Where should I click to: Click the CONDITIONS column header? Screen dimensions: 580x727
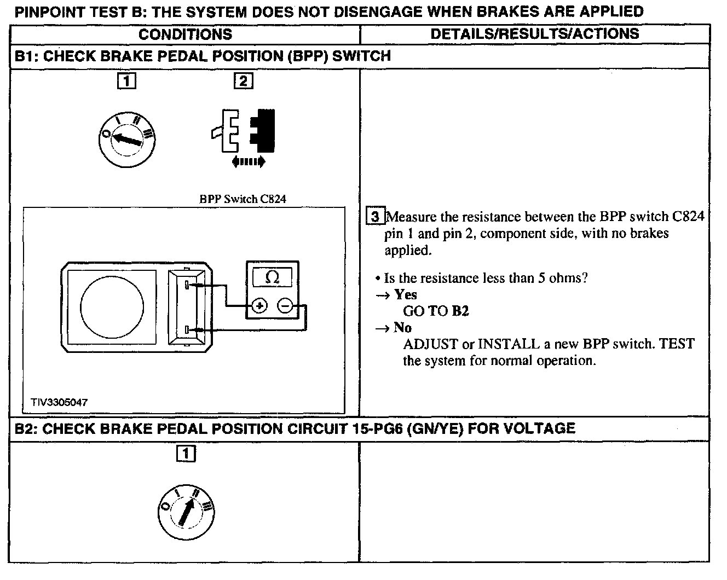pyautogui.click(x=185, y=34)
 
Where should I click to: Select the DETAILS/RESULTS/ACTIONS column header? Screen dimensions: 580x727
pyautogui.click(x=534, y=34)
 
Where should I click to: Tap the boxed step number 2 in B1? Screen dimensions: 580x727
pyautogui.click(x=243, y=82)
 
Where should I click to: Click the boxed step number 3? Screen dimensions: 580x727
pyautogui.click(x=375, y=217)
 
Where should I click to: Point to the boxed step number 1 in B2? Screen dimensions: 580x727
pyautogui.click(x=186, y=454)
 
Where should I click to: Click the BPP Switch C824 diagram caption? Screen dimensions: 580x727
pyautogui.click(x=242, y=199)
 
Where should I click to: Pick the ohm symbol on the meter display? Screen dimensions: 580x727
pyautogui.click(x=272, y=277)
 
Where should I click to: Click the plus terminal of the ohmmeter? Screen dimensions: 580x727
pyautogui.click(x=259, y=305)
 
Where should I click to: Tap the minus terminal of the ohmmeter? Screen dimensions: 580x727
pyautogui.click(x=285, y=305)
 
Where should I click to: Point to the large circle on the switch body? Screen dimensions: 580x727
pyautogui.click(x=112, y=307)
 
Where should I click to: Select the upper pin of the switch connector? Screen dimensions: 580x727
pyautogui.click(x=187, y=285)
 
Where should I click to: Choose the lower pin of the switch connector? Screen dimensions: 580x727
pyautogui.click(x=187, y=330)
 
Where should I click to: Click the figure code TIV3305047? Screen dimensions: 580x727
pyautogui.click(x=59, y=402)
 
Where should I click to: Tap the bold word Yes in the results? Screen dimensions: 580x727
pyautogui.click(x=406, y=295)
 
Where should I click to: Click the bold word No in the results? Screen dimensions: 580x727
pyautogui.click(x=402, y=328)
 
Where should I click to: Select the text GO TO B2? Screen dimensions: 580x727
pyautogui.click(x=436, y=311)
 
